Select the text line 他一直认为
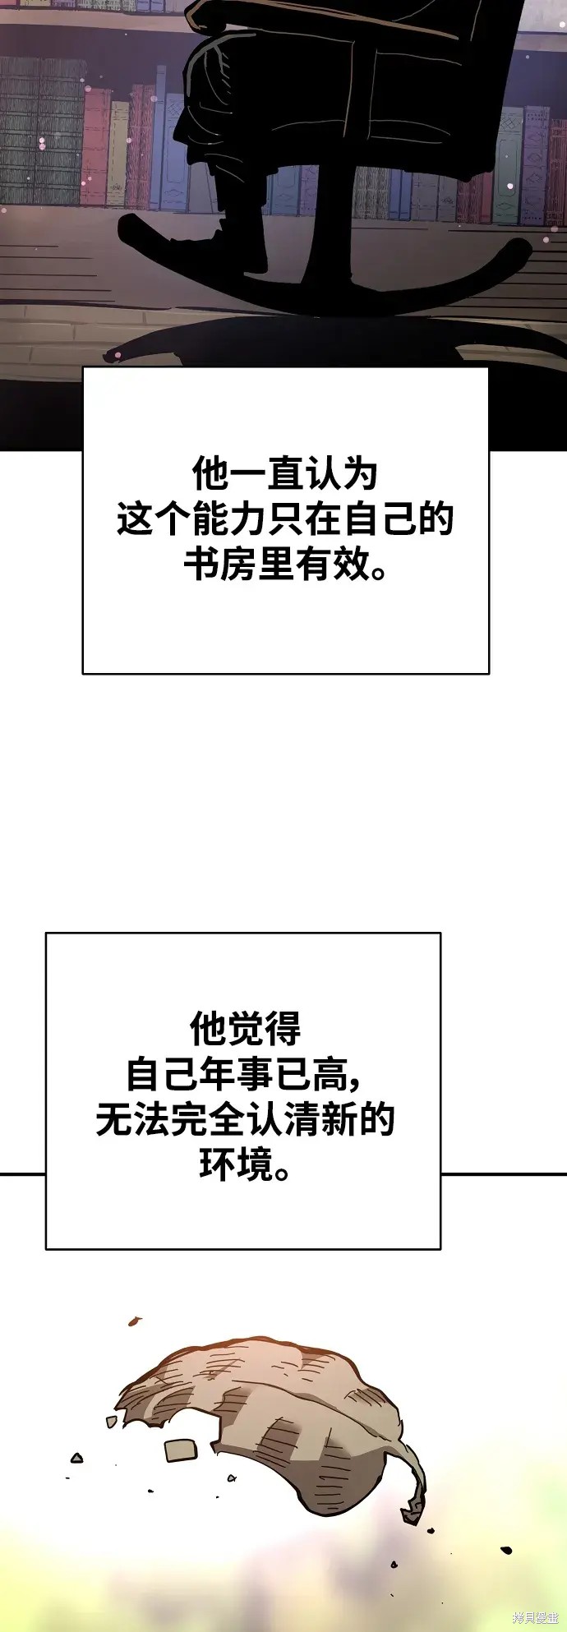[285, 474]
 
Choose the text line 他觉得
[246, 1028]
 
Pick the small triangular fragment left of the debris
[77, 1458]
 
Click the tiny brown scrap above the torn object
[133, 1321]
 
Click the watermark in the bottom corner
[535, 1617]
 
